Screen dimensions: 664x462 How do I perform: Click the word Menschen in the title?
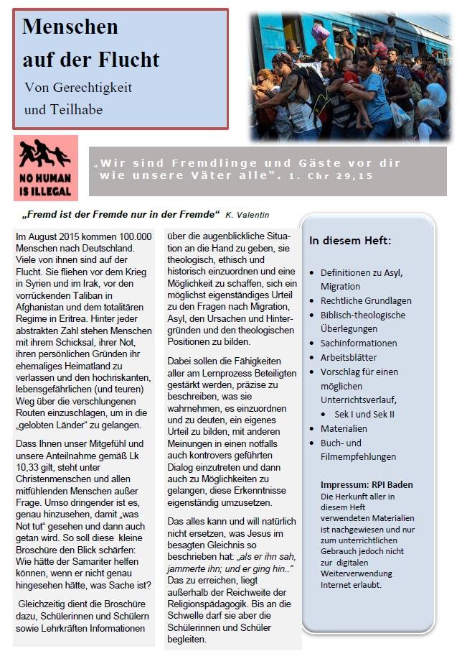[x=70, y=27]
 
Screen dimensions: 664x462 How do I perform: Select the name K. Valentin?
[x=248, y=214]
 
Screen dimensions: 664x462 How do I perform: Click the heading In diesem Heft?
[x=350, y=240]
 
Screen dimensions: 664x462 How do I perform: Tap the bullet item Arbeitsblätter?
[x=349, y=357]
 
